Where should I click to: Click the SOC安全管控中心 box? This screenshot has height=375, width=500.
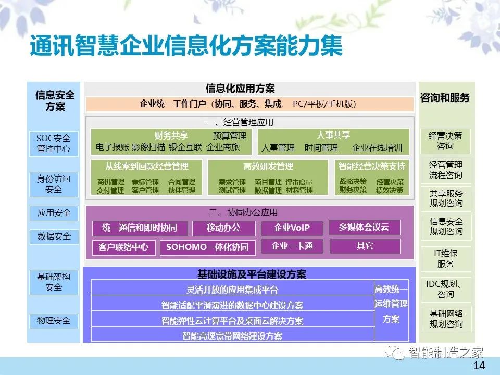click(x=54, y=144)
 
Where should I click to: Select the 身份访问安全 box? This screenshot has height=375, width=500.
click(x=54, y=184)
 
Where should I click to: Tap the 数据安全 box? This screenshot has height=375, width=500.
click(x=54, y=236)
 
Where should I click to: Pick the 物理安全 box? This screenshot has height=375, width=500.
click(x=54, y=321)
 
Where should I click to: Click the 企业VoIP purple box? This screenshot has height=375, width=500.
click(x=292, y=228)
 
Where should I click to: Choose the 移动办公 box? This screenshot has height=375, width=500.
click(x=223, y=228)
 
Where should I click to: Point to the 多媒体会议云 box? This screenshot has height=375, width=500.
click(x=364, y=228)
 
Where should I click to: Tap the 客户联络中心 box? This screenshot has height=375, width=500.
click(x=124, y=247)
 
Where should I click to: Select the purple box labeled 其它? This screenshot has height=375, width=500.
click(x=365, y=246)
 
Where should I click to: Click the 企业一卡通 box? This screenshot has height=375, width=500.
click(x=292, y=246)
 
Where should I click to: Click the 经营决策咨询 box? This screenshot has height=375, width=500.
click(x=445, y=141)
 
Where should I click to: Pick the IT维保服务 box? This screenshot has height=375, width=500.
click(x=445, y=259)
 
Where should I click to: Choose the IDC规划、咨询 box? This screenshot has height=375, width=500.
click(x=445, y=290)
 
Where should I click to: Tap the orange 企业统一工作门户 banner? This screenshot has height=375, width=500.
click(x=249, y=104)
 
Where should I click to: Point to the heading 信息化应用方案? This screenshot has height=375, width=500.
click(x=240, y=89)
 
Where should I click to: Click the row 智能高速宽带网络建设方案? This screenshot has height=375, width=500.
click(x=232, y=335)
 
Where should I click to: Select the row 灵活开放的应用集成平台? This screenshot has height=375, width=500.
click(x=232, y=289)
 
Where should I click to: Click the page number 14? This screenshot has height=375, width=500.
click(x=479, y=366)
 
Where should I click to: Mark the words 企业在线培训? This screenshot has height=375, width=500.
click(x=377, y=147)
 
